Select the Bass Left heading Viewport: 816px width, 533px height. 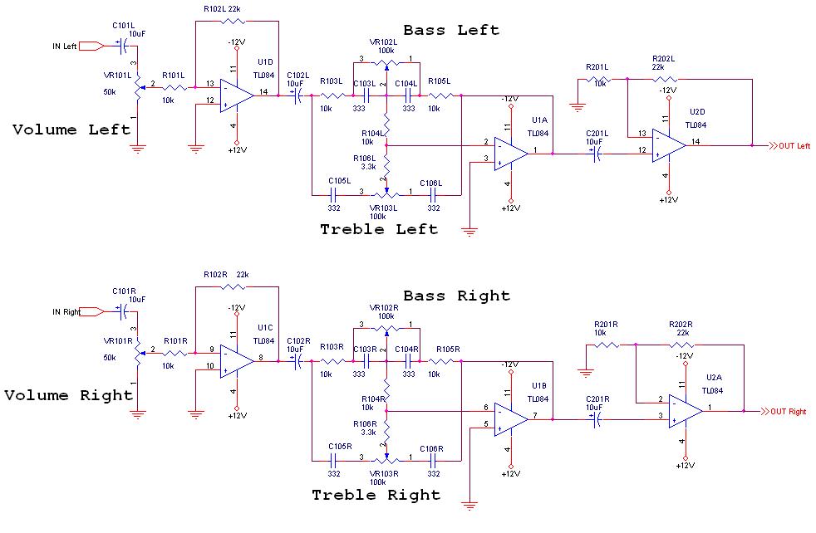click(451, 30)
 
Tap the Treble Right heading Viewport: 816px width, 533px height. click(376, 495)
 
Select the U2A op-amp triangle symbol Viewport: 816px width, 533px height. click(685, 411)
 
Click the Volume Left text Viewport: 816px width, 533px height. click(71, 130)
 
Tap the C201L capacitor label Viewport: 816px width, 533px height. click(597, 133)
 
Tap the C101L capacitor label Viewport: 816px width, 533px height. click(124, 25)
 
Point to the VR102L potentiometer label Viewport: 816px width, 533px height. click(385, 42)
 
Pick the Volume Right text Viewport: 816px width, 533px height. click(68, 395)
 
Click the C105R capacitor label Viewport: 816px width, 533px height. click(338, 448)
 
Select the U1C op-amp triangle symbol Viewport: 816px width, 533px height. click(235, 358)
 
